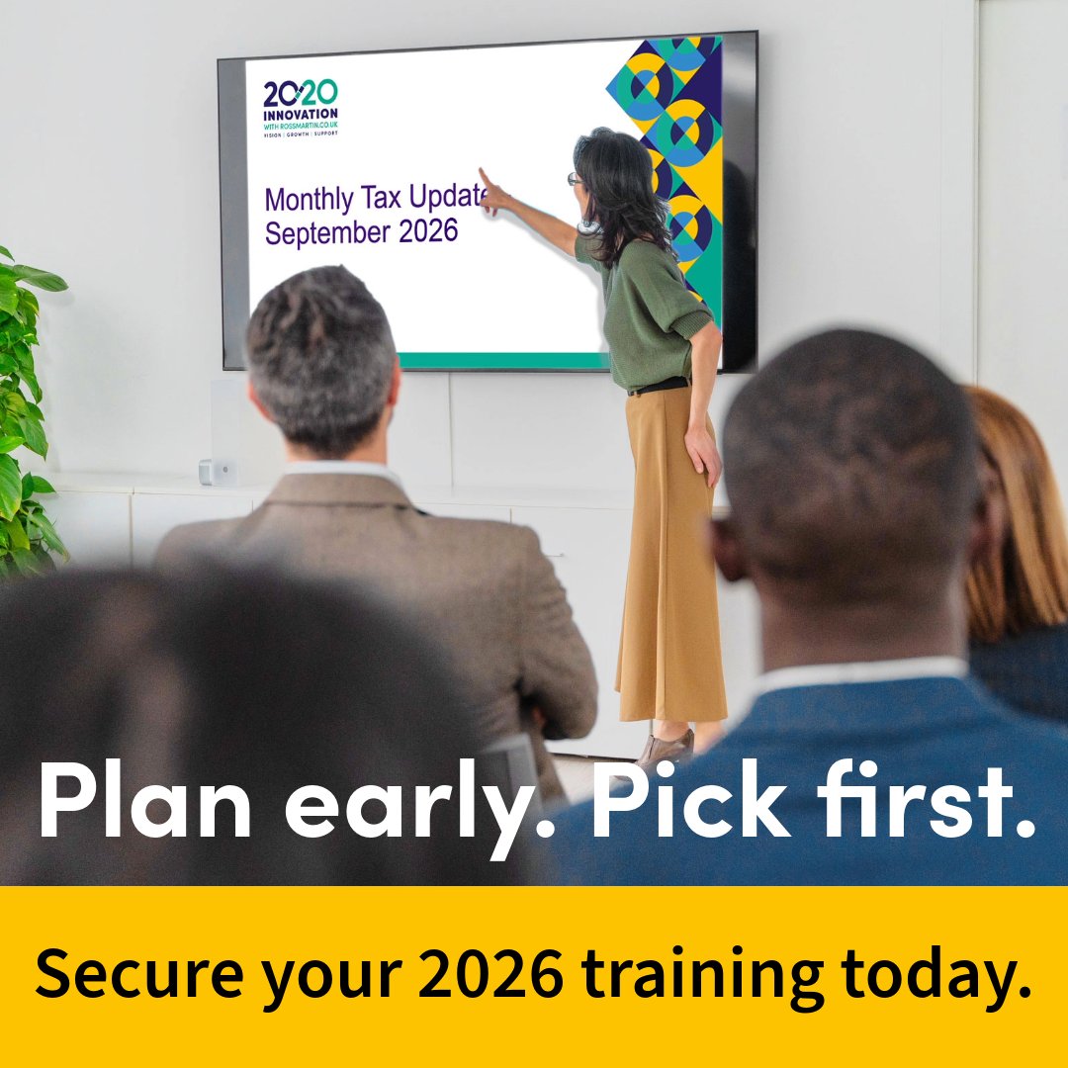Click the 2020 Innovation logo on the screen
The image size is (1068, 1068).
[301, 107]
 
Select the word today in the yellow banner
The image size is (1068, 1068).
[934, 975]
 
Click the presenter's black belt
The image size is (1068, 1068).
[657, 387]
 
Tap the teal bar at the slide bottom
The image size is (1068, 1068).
[494, 360]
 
